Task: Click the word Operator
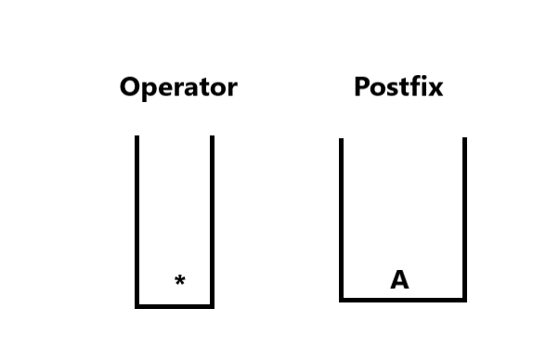coord(178,87)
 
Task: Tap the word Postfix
coord(398,86)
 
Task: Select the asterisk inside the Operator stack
coord(180,280)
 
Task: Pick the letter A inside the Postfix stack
coord(399,279)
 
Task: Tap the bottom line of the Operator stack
coord(175,306)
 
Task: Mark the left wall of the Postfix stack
coord(341,218)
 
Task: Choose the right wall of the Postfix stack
coord(464,218)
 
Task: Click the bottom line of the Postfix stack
coord(403,301)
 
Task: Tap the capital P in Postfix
coord(361,87)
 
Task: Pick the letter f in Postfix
coord(415,86)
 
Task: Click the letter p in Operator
coord(149,92)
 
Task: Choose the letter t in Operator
coord(199,88)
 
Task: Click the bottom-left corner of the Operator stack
coord(136,306)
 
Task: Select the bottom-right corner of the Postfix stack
coord(464,301)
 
